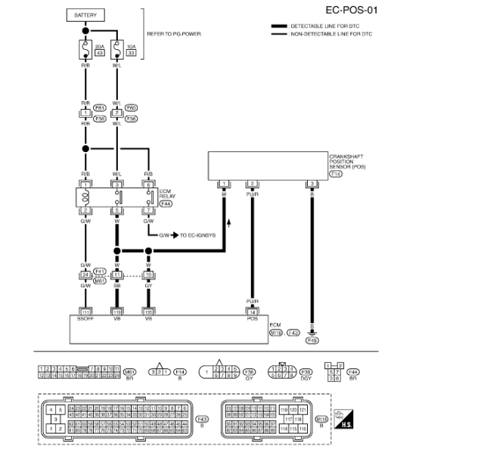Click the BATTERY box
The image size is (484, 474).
pyautogui.click(x=85, y=14)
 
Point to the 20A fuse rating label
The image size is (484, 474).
pyautogui.click(x=99, y=48)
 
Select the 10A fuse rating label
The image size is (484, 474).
pyautogui.click(x=130, y=48)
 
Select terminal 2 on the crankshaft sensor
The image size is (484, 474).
pyautogui.click(x=253, y=184)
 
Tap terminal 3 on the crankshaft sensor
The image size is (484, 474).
pyautogui.click(x=311, y=184)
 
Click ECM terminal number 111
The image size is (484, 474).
pyautogui.click(x=85, y=311)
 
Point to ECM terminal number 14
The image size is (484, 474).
pyautogui.click(x=253, y=311)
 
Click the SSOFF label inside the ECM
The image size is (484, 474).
pyautogui.click(x=85, y=319)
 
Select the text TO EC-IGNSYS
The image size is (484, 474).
pyautogui.click(x=197, y=235)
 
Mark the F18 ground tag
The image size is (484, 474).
pyautogui.click(x=312, y=341)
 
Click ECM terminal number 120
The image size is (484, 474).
pyautogui.click(x=149, y=311)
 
